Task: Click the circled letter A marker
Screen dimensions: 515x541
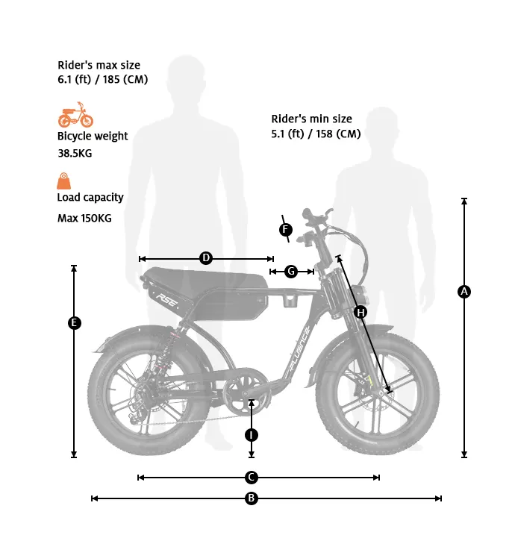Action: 464,292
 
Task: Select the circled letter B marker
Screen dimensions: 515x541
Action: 252,498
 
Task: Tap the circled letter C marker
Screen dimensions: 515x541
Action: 252,478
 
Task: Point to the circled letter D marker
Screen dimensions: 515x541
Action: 206,258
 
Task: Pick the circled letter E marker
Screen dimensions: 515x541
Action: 74,323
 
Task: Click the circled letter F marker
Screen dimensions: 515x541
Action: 285,229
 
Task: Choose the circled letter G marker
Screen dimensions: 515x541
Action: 291,272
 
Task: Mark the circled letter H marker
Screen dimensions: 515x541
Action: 360,313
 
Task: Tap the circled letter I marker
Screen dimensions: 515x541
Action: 252,435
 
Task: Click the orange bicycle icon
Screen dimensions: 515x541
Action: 75,115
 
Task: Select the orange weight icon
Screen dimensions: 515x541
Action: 64,181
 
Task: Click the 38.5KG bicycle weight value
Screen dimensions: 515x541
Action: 75,153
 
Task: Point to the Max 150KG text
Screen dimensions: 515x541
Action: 84,219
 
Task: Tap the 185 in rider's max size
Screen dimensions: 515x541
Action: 111,79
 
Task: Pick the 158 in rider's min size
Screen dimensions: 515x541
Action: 324,134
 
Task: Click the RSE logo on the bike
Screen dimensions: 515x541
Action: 167,301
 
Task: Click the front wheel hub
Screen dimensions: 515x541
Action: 381,393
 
